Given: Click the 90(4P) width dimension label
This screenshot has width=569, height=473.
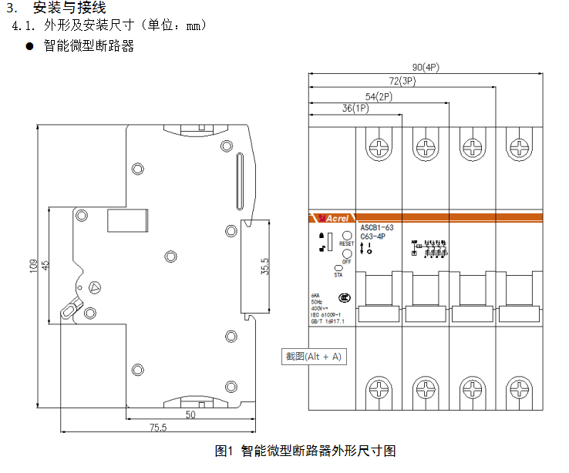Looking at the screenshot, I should [425, 68].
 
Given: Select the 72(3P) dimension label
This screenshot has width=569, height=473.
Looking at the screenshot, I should [402, 81].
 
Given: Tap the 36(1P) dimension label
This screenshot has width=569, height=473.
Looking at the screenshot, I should [355, 110].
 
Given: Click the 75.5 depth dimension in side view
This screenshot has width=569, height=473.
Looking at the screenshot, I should [158, 427].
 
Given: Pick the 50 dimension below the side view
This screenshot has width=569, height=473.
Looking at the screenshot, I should [190, 414].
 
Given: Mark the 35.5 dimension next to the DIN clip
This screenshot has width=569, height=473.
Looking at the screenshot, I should [264, 266].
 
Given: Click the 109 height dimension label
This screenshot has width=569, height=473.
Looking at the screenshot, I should [33, 266].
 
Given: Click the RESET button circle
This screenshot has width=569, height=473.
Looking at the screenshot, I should [347, 235].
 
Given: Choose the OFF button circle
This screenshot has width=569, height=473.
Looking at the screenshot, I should [347, 253].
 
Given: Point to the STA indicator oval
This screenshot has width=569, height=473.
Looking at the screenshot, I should [338, 268].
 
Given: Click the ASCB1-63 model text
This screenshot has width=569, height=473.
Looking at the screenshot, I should [377, 228].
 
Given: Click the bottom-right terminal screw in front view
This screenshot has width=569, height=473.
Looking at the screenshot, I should [517, 385].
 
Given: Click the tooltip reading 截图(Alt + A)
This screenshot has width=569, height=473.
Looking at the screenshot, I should [313, 356].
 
